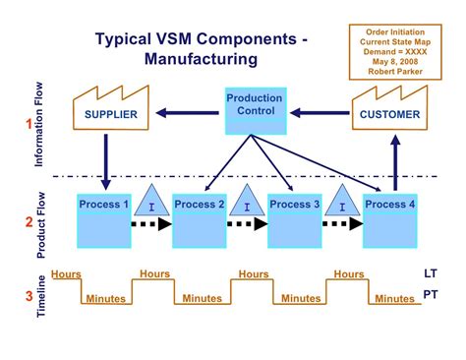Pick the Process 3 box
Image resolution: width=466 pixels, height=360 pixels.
tap(294, 221)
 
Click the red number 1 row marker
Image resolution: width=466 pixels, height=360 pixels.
tap(29, 124)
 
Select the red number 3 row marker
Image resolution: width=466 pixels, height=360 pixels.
tap(29, 294)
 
